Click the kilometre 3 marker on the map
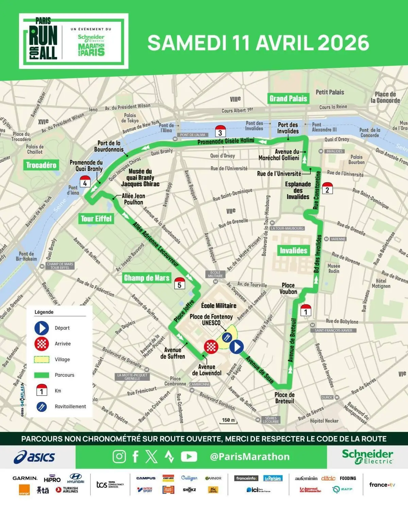[x=220, y=131]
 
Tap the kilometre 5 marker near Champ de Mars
[x=180, y=283]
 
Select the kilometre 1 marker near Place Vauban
[x=306, y=310]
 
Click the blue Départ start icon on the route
[x=237, y=347]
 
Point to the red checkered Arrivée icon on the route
[x=211, y=347]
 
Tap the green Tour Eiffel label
[x=96, y=219]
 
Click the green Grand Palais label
[x=288, y=98]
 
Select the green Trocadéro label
[x=41, y=165]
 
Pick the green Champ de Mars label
[x=147, y=278]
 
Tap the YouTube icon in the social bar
[x=189, y=457]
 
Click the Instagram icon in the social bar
[x=119, y=457]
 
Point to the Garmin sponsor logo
[x=25, y=478]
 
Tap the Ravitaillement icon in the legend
[x=41, y=407]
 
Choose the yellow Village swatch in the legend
[x=42, y=359]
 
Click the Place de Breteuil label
[x=285, y=398]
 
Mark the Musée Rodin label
[x=334, y=268]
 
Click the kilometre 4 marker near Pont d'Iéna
[x=85, y=182]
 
